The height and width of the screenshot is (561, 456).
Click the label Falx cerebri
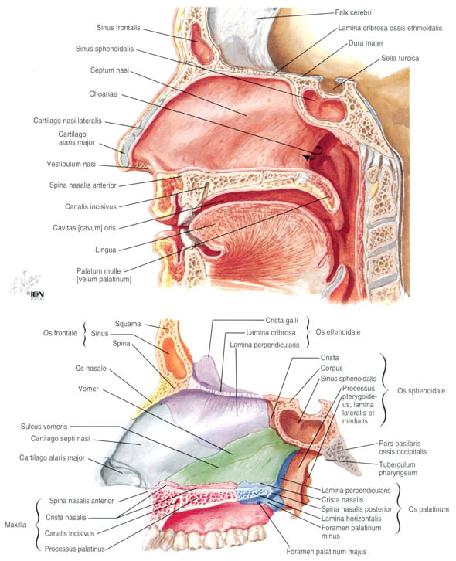coord(353,12)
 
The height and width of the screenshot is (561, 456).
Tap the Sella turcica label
coord(400,58)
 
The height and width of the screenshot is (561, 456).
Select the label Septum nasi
coord(110,70)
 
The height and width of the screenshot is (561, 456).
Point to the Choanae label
coord(103,94)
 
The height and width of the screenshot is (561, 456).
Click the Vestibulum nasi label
coord(71,164)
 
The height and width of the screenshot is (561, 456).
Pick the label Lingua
coord(106,250)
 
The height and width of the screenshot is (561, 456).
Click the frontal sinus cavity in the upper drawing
coord(201,42)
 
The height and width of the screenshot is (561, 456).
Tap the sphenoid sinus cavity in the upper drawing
coord(324,106)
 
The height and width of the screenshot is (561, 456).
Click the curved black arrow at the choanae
coord(312,154)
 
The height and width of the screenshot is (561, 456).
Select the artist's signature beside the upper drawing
coord(26,282)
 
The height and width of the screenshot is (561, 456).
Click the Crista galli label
coord(281,320)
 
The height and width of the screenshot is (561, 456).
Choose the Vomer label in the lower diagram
coord(88,389)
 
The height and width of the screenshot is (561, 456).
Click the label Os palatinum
coord(428,509)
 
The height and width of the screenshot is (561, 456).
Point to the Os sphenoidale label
coord(421,391)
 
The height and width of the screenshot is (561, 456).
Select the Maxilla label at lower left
coord(15,525)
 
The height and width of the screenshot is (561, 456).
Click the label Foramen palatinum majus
coord(326,552)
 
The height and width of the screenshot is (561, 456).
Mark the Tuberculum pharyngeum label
coord(398,469)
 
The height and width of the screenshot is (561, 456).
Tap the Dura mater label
coord(366,43)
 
